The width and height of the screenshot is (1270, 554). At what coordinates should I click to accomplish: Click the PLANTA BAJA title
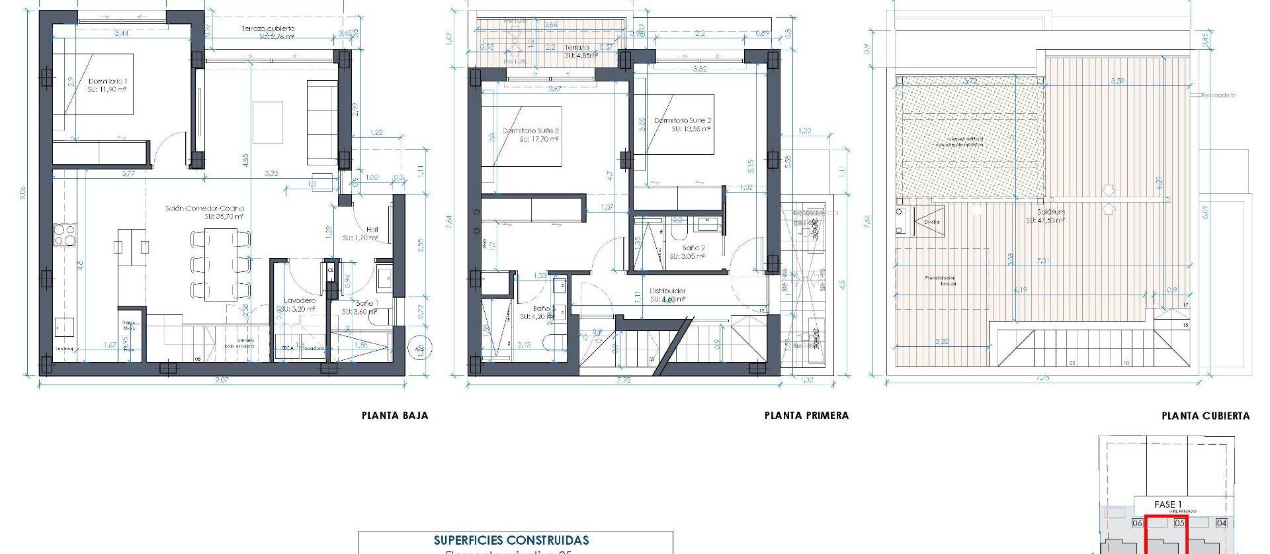point(394,416)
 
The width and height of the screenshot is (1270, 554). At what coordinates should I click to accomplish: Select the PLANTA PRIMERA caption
point(806,416)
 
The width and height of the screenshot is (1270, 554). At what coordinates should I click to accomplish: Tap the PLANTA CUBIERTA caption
point(1205,416)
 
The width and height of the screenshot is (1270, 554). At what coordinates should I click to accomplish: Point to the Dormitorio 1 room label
point(107,81)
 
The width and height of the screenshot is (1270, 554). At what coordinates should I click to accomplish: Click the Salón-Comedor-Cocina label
point(204,208)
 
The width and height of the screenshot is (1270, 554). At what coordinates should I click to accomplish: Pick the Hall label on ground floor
point(371,230)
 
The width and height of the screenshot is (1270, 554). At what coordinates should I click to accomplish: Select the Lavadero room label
point(300,300)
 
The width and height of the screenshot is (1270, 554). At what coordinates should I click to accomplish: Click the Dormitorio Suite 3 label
point(530,131)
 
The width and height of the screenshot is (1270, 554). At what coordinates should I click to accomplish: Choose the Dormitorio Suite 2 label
point(682,121)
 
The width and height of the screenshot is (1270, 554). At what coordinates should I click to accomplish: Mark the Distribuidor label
point(667,291)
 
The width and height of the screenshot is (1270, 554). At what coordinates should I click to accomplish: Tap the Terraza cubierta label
point(267,29)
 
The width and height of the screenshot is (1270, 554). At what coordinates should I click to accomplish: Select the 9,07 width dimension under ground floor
point(222,381)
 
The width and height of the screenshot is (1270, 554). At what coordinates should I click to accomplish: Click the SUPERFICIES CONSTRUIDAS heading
point(511,541)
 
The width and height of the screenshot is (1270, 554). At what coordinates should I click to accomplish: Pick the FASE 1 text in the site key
point(1167,504)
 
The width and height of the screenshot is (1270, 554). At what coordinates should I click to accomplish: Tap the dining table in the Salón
point(221,263)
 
